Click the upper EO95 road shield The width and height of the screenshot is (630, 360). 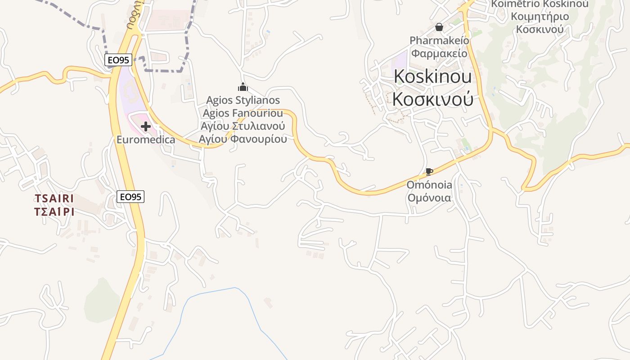(118, 60)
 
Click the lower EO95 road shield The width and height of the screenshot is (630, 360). (130, 197)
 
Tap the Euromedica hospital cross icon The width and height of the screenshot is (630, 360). (146, 126)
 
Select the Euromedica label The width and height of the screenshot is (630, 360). (146, 139)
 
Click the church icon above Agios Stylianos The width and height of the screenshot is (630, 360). (243, 86)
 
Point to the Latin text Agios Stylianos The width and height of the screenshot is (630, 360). (243, 100)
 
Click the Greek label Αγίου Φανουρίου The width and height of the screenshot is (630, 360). (243, 139)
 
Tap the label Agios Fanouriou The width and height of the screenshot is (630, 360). (243, 112)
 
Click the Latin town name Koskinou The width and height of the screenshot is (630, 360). (433, 76)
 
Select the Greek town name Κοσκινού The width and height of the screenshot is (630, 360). (433, 99)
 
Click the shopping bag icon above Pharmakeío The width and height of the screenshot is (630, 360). (439, 27)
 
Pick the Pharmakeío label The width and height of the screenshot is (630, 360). (439, 40)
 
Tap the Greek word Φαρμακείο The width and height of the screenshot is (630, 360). (439, 54)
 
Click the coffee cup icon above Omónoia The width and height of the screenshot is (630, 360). (429, 171)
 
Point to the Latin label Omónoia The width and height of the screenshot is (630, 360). (429, 185)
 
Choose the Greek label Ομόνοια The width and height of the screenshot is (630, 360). (429, 198)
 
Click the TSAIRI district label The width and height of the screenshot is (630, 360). (54, 198)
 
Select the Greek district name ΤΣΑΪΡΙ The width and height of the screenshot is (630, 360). (54, 211)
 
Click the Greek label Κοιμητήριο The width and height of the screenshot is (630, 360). (540, 17)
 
